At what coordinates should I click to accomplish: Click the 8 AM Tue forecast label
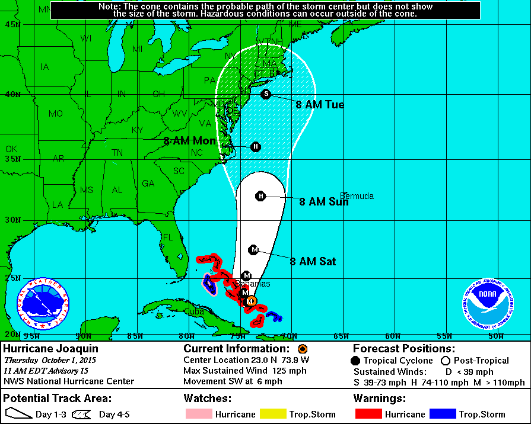(320, 105)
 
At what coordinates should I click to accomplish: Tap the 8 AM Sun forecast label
(323, 202)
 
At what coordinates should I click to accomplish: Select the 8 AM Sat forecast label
(313, 261)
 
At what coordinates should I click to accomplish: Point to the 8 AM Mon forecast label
(189, 141)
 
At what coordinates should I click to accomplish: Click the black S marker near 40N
(266, 94)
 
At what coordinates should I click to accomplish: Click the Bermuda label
(357, 196)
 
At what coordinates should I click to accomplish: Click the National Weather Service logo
(43, 304)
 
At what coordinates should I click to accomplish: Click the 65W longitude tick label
(341, 336)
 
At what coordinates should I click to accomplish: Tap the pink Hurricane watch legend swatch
(198, 414)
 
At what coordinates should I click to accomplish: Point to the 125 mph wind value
(272, 371)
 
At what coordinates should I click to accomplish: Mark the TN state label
(117, 152)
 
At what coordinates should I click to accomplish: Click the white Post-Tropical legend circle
(446, 360)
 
